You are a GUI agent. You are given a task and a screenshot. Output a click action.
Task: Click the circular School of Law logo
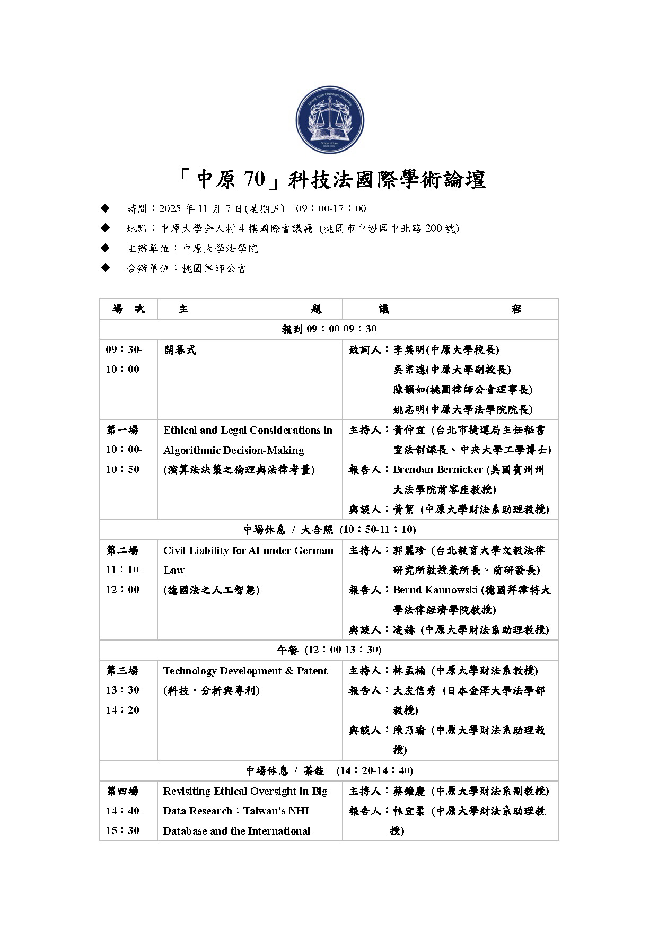click(x=329, y=120)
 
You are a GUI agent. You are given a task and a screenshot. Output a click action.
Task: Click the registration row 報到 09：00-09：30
click(x=329, y=329)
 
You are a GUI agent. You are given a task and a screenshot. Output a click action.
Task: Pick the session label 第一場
click(x=122, y=429)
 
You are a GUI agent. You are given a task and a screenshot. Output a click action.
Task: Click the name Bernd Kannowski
click(x=435, y=590)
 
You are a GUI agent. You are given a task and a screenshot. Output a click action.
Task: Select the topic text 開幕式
click(x=180, y=350)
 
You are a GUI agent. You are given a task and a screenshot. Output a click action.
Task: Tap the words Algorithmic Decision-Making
click(x=233, y=450)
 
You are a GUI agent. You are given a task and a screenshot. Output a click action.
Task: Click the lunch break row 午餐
click(x=329, y=650)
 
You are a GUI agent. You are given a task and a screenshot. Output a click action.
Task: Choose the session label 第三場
click(x=122, y=671)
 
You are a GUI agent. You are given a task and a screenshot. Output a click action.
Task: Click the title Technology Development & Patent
click(x=245, y=671)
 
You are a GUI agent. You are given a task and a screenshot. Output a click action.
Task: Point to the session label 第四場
click(x=122, y=791)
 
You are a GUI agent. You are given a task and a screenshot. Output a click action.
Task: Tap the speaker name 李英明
click(x=409, y=350)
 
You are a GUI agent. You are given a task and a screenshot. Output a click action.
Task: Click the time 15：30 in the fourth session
click(x=122, y=831)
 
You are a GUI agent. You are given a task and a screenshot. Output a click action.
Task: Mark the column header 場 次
click(x=128, y=309)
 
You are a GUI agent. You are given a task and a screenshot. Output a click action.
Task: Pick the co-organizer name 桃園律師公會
click(x=214, y=268)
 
